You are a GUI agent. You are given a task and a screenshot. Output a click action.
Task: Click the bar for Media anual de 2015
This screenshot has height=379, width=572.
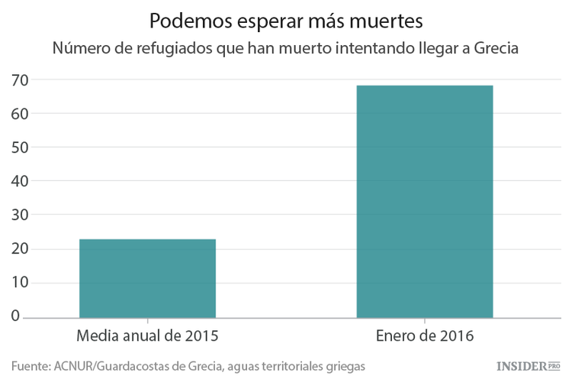[x=147, y=278]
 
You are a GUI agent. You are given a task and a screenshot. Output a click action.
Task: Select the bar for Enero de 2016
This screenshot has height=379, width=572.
[x=425, y=201]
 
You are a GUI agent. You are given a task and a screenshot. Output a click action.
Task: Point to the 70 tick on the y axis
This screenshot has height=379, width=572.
[x=20, y=79]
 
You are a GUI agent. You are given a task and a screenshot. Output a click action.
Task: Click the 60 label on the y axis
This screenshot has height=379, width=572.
[x=20, y=113]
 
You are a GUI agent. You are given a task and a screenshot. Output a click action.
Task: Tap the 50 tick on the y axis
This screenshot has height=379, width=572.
[x=20, y=147]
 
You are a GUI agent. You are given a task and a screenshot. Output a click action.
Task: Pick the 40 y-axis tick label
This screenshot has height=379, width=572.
[x=20, y=181]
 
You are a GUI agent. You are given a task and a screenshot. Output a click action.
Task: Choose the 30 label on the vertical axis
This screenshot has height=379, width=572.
[x=20, y=215]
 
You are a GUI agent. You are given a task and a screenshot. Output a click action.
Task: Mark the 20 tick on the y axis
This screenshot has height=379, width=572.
[x=20, y=249]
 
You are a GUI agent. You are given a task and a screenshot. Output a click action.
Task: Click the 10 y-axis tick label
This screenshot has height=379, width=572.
[x=20, y=283]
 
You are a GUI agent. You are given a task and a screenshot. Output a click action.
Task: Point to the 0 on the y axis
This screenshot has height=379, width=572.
[x=24, y=316]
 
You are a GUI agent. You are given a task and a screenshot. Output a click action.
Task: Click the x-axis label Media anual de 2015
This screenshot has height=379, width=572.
[x=148, y=336]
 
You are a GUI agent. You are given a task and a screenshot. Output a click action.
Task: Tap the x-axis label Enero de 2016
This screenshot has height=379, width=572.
[x=425, y=336]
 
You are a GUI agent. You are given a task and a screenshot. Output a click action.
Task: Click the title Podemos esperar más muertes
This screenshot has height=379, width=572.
[x=286, y=19]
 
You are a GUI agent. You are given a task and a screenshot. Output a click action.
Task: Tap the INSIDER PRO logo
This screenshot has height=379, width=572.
[x=529, y=366]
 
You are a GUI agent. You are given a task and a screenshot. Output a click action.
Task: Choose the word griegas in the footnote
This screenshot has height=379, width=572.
[x=343, y=366]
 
